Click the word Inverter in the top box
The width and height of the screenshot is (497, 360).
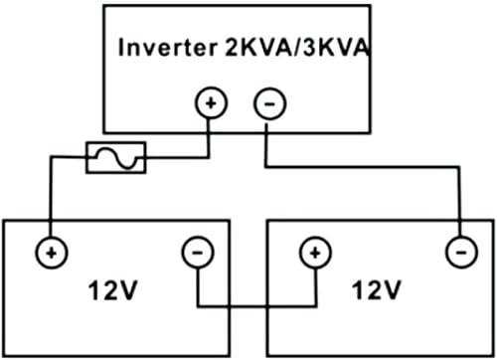(162, 47)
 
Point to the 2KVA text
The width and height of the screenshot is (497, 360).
(248, 47)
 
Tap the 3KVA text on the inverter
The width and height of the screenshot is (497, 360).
(325, 47)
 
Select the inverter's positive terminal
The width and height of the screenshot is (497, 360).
(211, 101)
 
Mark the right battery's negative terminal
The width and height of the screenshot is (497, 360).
(458, 252)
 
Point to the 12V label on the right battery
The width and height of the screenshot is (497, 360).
(378, 289)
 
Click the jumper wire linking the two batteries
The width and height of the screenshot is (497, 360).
(255, 304)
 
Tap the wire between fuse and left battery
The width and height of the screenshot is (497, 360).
(48, 199)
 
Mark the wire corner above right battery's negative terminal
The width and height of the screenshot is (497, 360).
(458, 165)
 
